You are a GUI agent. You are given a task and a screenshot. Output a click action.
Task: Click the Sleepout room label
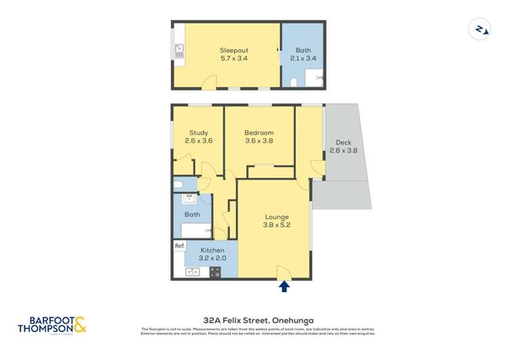click(233, 50)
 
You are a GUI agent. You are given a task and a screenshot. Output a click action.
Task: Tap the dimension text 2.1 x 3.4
click(303, 58)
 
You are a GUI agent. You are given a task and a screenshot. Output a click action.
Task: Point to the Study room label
click(198, 132)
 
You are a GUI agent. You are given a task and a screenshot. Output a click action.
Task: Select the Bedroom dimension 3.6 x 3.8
click(259, 141)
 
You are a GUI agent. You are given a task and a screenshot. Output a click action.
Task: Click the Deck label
click(343, 143)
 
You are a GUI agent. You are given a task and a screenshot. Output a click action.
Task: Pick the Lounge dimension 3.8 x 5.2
click(277, 226)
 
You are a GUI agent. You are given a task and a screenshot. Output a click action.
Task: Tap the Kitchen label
click(212, 250)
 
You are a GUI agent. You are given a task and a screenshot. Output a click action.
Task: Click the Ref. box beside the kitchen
click(179, 246)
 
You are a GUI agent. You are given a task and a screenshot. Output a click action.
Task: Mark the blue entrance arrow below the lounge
click(284, 287)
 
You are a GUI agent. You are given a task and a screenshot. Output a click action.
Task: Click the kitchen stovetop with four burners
click(214, 272)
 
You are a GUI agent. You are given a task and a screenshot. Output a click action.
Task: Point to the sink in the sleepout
click(179, 49)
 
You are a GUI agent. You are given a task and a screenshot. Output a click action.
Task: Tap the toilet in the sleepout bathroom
click(293, 83)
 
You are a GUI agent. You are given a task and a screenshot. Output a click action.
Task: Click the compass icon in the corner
click(480, 29)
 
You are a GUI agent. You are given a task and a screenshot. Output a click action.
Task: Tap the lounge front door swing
click(284, 272)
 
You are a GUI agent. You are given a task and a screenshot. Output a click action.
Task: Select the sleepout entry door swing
click(210, 83)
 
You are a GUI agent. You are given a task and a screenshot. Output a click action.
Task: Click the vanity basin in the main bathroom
click(190, 199)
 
